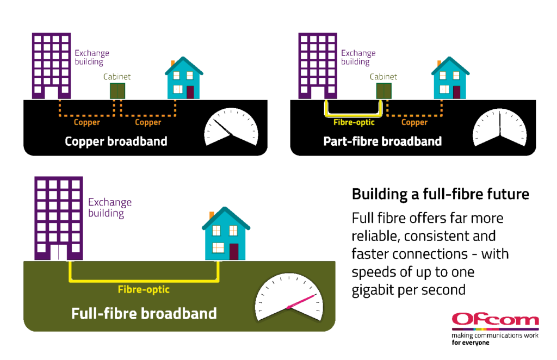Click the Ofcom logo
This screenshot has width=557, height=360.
click(x=494, y=320)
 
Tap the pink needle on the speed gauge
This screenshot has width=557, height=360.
click(x=301, y=301)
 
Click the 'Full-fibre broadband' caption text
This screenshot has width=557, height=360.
click(x=144, y=314)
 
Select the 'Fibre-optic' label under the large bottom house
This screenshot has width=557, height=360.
click(x=144, y=290)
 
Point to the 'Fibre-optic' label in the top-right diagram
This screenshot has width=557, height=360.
click(x=354, y=122)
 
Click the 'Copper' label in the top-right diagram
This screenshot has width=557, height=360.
click(x=414, y=122)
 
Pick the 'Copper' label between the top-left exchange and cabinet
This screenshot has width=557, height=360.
click(x=87, y=122)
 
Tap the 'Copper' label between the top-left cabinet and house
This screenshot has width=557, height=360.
click(x=148, y=122)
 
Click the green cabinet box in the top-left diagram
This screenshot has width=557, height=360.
click(x=117, y=91)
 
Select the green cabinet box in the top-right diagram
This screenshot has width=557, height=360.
click(x=384, y=91)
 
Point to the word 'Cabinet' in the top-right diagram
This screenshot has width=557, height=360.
click(x=383, y=77)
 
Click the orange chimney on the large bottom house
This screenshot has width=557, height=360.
click(x=212, y=215)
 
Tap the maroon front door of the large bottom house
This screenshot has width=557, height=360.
click(x=234, y=251)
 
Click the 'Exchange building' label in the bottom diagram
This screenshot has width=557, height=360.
click(x=110, y=208)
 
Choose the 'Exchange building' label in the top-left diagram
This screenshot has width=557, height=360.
click(x=92, y=57)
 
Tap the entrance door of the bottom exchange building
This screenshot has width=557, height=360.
click(x=59, y=253)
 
